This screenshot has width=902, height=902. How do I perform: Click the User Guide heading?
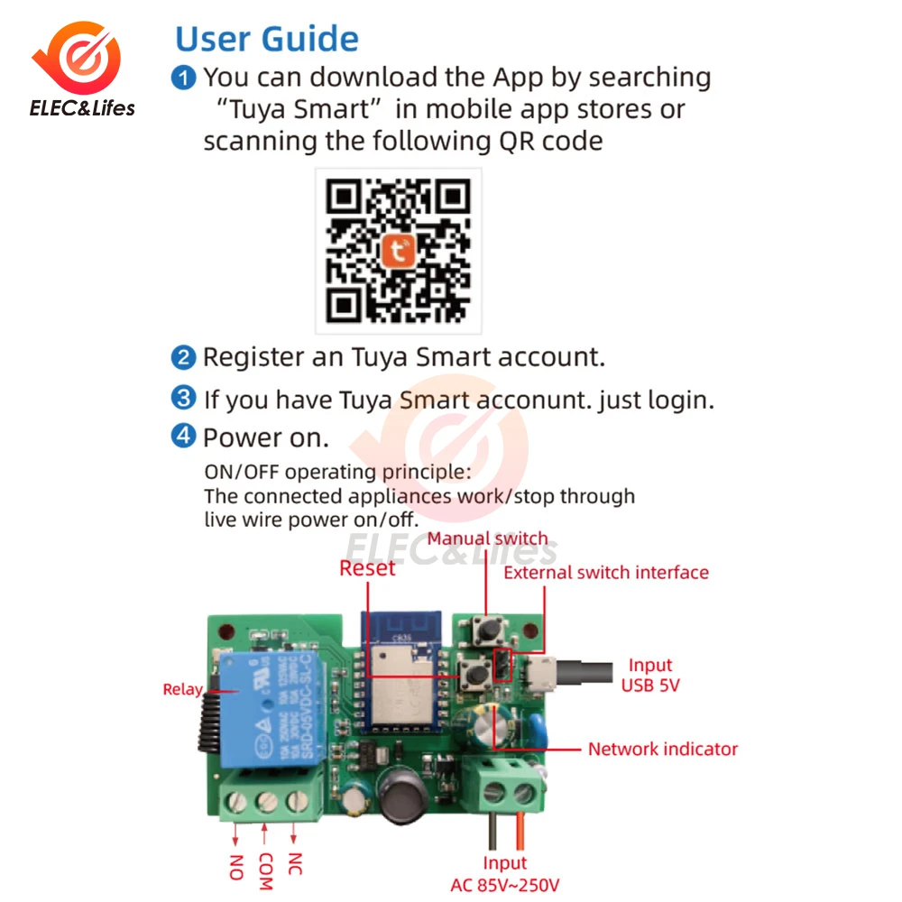tap(267, 39)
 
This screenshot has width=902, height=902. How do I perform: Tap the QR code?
tap(398, 251)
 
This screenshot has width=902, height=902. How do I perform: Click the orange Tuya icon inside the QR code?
tap(398, 250)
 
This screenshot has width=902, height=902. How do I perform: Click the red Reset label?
tap(367, 568)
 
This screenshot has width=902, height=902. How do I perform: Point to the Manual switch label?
tap(487, 539)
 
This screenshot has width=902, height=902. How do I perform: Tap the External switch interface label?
tap(605, 573)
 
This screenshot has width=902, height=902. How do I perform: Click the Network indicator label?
tap(662, 749)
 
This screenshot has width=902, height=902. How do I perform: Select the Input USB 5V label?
tap(650, 676)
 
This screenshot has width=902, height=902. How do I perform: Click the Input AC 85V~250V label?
tap(504, 874)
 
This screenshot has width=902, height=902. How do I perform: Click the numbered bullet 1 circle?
tap(184, 78)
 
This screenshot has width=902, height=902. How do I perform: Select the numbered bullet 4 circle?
tap(184, 437)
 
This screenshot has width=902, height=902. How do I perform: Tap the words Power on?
tap(265, 437)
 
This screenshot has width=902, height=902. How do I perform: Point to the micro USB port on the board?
tap(544, 671)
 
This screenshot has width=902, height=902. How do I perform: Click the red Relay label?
tap(182, 689)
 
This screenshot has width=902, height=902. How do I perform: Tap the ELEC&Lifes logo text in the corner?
tap(82, 109)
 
